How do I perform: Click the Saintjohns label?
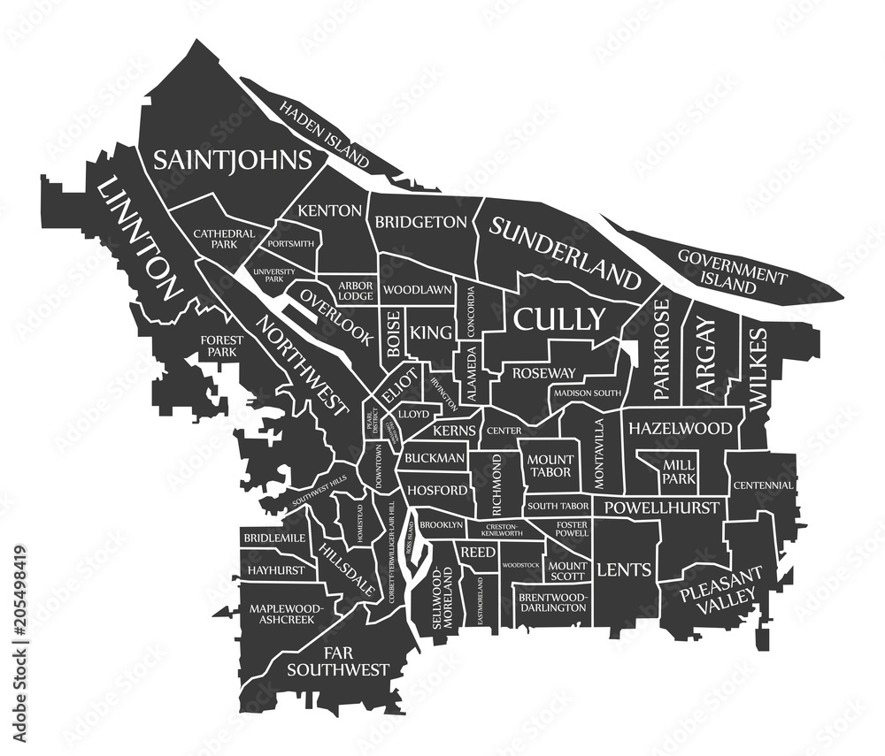(x=232, y=159)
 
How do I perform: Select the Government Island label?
(x=732, y=271)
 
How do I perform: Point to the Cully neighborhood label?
(x=560, y=318)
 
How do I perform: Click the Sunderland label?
(x=565, y=253)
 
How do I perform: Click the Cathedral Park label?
(x=224, y=239)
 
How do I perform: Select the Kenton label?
(x=329, y=210)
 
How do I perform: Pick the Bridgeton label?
(x=420, y=222)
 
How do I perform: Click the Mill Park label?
(x=678, y=471)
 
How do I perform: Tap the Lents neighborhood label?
(x=626, y=569)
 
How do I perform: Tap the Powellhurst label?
(x=659, y=508)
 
